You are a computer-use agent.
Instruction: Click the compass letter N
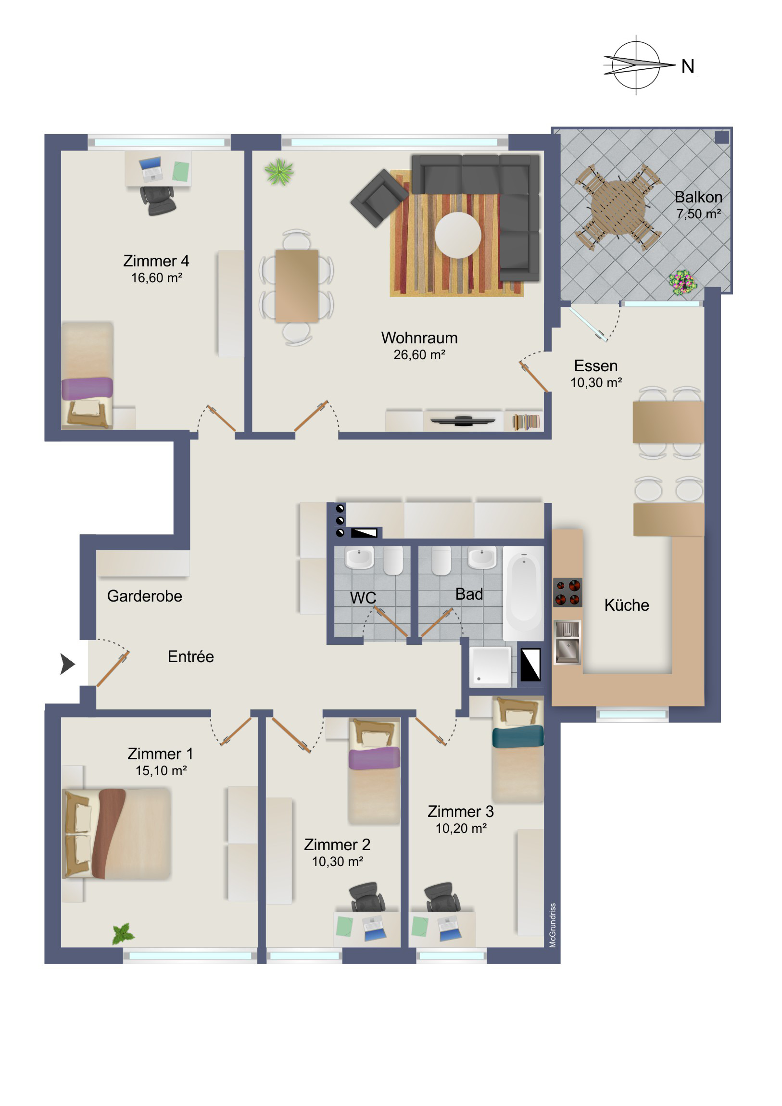[688, 66]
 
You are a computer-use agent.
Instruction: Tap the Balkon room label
[698, 197]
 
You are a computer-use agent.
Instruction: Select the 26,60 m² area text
[419, 355]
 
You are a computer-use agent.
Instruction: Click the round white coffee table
[458, 235]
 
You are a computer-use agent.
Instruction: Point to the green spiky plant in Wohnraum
[279, 172]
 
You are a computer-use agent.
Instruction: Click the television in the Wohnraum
[463, 421]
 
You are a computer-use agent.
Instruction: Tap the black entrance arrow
[67, 664]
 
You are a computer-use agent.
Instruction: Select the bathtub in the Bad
[524, 593]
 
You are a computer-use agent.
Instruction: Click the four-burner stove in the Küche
[568, 592]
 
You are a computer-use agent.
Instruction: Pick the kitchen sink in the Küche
[567, 642]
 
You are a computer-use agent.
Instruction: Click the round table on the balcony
[618, 208]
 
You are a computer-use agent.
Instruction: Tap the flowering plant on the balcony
[682, 282]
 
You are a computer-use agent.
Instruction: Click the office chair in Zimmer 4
[158, 201]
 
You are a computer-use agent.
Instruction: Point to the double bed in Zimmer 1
[116, 833]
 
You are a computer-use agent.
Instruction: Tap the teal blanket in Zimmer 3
[518, 737]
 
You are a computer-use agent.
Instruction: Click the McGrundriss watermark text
[553, 925]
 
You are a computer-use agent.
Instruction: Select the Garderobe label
[145, 596]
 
